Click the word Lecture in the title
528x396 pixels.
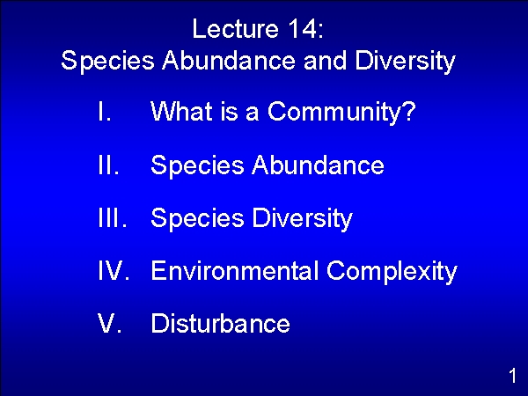click(x=235, y=29)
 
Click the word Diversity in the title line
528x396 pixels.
click(x=405, y=62)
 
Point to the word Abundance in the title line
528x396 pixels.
click(x=229, y=60)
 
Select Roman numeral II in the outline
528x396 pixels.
click(x=108, y=165)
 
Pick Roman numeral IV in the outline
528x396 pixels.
click(x=114, y=270)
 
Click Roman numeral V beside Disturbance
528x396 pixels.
click(x=109, y=323)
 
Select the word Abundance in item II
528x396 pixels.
click(x=318, y=165)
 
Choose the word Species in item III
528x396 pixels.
click(x=197, y=219)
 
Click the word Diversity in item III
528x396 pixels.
click(x=302, y=219)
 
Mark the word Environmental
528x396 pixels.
click(x=235, y=270)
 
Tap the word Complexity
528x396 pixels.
click(x=392, y=272)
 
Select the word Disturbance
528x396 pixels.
click(x=221, y=323)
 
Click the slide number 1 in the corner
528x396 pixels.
click(x=512, y=376)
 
